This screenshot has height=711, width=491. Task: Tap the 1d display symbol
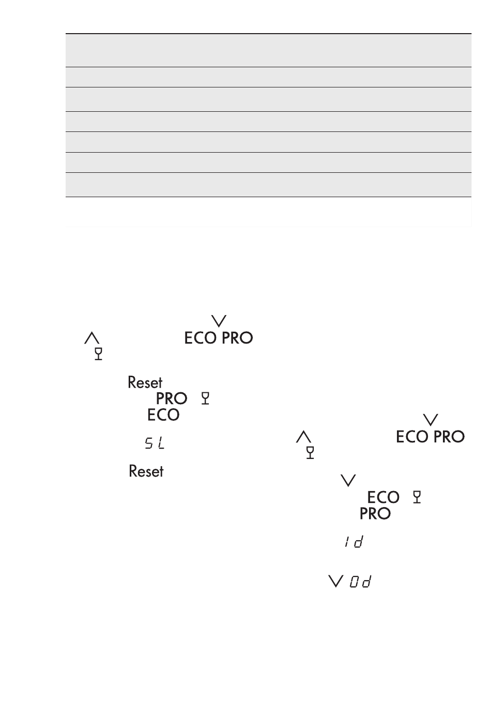[x=353, y=542]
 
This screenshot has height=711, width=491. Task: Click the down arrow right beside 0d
[x=336, y=582]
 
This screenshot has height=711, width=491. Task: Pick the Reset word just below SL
[x=146, y=471]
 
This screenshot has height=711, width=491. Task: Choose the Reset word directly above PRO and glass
[x=145, y=382]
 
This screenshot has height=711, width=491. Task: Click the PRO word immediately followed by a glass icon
[x=172, y=398]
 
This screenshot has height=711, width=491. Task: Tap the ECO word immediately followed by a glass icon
[x=383, y=497]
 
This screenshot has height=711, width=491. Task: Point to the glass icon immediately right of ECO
[x=418, y=497]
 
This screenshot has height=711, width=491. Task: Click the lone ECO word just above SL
[x=163, y=415]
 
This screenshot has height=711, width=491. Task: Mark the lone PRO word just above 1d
[x=375, y=514]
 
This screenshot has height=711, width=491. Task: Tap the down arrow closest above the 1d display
[x=349, y=481]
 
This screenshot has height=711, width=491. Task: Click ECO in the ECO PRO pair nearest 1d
[x=412, y=437]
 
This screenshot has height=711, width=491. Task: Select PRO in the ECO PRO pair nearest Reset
[x=237, y=338]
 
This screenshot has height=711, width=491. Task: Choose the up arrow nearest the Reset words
[x=91, y=338]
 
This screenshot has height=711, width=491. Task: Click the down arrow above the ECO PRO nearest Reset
[x=220, y=321]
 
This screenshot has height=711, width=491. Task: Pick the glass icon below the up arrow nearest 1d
[x=310, y=453]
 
